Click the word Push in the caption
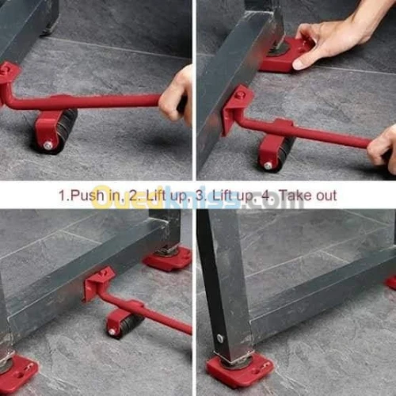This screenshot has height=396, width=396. pyautogui.click(x=85, y=195)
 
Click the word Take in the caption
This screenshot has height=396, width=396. pyautogui.click(x=285, y=195)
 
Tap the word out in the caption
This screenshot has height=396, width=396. pyautogui.click(x=323, y=195)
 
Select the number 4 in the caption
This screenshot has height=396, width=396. pyautogui.click(x=259, y=195)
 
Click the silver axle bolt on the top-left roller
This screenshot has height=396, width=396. pyautogui.click(x=48, y=145)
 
